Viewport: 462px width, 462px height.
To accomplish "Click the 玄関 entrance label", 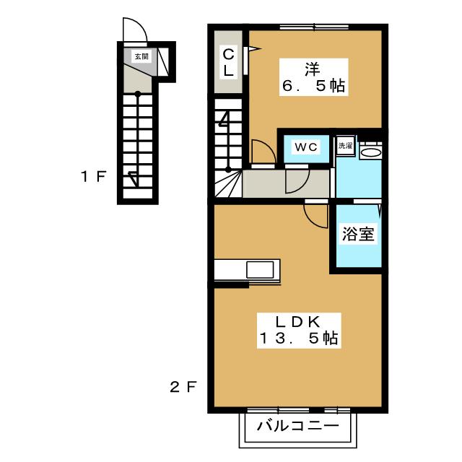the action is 141,56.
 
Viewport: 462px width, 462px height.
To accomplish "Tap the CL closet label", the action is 228,63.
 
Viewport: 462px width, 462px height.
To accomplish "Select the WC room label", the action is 306,147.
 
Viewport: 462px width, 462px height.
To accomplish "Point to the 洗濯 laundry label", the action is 345,146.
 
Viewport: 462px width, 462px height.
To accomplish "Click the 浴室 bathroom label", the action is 358,234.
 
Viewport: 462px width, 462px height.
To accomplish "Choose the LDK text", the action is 298,322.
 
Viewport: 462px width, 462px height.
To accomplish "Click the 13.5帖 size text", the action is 298,339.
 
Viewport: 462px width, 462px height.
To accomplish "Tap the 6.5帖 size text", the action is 313,86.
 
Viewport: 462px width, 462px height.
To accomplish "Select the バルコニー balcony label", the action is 297,426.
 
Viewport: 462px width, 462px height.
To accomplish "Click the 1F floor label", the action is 93,176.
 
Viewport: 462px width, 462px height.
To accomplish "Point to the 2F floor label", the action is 183,387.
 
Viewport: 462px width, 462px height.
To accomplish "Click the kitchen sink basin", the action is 260,269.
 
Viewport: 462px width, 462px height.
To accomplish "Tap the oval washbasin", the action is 371,152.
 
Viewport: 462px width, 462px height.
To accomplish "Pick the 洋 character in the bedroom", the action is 313,69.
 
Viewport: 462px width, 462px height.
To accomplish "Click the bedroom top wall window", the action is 314,27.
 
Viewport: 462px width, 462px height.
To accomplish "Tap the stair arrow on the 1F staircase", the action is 134,179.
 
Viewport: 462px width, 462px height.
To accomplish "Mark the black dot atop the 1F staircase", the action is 138,94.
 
